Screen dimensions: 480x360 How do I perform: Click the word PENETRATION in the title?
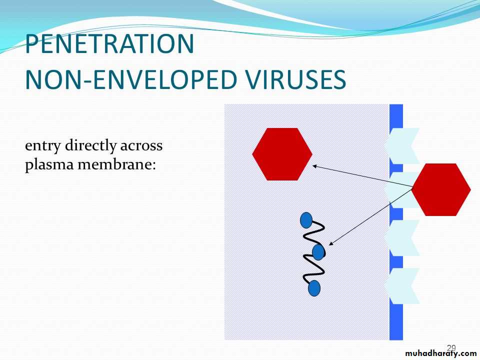pyautogui.click(x=109, y=44)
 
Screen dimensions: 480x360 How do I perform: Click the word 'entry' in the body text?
pyautogui.click(x=42, y=146)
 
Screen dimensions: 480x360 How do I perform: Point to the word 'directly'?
pyautogui.click(x=90, y=145)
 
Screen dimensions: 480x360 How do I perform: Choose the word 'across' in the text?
pyautogui.click(x=141, y=146)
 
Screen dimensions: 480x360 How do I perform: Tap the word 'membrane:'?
pyautogui.click(x=117, y=164)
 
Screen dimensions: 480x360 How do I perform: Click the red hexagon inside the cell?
pyautogui.click(x=282, y=154)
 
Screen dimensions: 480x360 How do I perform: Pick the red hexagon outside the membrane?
pyautogui.click(x=441, y=189)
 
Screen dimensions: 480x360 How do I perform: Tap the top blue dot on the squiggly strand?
pyautogui.click(x=306, y=220)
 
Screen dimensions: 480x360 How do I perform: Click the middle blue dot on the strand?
pyautogui.click(x=318, y=252)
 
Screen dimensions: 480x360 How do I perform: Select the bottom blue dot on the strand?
pyautogui.click(x=314, y=288)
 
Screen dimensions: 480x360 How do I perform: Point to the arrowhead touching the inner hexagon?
pyautogui.click(x=314, y=166)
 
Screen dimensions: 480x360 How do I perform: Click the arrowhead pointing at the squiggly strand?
pyautogui.click(x=330, y=243)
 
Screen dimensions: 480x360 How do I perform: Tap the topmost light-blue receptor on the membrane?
pyautogui.click(x=401, y=145)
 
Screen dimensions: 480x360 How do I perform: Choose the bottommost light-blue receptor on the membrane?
pyautogui.click(x=401, y=286)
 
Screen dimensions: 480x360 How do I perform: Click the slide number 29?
pyautogui.click(x=451, y=348)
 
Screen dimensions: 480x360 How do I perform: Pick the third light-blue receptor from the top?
pyautogui.click(x=401, y=238)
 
